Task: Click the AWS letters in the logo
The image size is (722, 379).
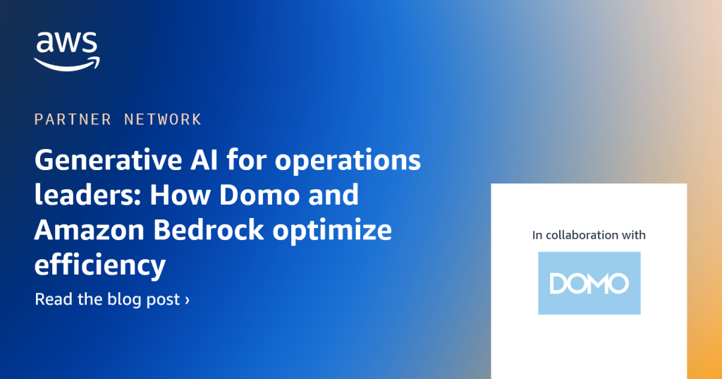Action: [x=67, y=42]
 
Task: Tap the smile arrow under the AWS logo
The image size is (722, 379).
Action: [x=67, y=64]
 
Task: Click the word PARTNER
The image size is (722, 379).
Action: [x=73, y=119]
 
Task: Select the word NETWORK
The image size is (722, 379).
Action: [x=163, y=119]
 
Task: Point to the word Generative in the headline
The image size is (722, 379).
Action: [x=108, y=160]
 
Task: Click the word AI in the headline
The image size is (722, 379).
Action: [x=204, y=160]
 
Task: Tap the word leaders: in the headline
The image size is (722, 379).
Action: [x=88, y=194]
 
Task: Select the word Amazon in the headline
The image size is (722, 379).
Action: [x=90, y=229]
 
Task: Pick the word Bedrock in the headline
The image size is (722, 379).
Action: [x=209, y=229]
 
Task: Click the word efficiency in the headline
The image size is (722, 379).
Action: [x=100, y=265]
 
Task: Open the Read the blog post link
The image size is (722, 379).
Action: [x=112, y=299]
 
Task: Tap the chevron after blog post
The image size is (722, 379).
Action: [x=187, y=300]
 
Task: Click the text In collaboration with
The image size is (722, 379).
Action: [x=589, y=235]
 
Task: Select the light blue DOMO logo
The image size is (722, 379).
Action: [x=589, y=283]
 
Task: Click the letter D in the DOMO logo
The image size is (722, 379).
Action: [x=558, y=284]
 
